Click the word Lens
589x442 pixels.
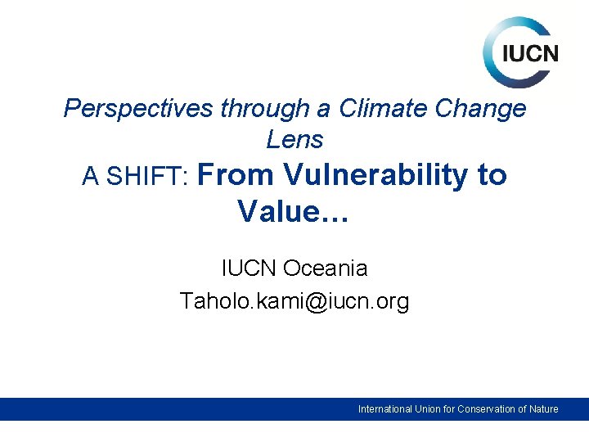click(294, 140)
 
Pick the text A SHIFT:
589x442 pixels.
click(136, 177)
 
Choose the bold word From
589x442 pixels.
click(236, 175)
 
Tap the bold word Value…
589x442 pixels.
click(294, 211)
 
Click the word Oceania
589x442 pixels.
click(325, 268)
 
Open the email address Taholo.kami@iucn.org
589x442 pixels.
click(294, 301)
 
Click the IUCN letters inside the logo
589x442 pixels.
click(530, 54)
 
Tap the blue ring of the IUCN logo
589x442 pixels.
click(492, 41)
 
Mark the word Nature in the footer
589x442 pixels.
click(544, 409)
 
